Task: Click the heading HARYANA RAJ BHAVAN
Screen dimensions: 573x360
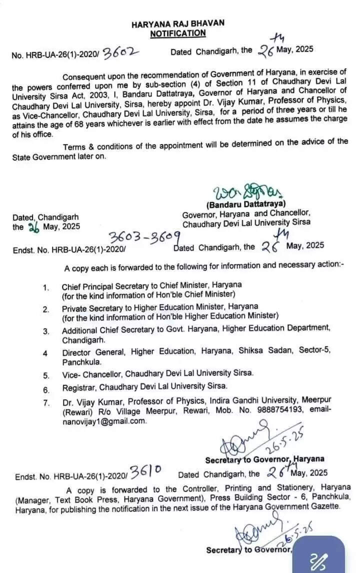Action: [x=178, y=23]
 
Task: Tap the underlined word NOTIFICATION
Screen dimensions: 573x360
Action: [x=178, y=33]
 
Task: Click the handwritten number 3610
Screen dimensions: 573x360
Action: [x=145, y=470]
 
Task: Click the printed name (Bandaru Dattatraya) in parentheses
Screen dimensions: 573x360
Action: [x=245, y=204]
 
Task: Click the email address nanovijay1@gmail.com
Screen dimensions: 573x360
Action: [x=104, y=421]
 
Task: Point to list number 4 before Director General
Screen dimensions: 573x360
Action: [x=45, y=353]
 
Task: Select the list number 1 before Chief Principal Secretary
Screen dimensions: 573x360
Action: [x=45, y=287]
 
